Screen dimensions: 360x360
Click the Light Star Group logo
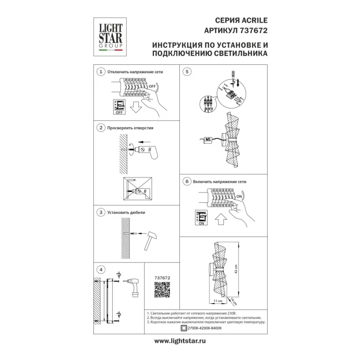110,37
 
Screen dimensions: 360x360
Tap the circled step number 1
101,72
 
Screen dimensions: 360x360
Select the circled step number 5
187,72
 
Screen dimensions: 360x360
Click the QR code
162,290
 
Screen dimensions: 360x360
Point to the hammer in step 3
150,240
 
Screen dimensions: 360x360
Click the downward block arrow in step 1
136,107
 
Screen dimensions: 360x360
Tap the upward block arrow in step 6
221,219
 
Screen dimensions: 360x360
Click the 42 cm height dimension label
236,269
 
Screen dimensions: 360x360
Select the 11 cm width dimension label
218,301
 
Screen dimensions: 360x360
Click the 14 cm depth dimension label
233,301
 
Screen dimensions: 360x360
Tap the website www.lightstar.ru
180,341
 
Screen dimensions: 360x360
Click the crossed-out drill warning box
138,189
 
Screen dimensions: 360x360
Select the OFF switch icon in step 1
119,107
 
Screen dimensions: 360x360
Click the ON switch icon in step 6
201,218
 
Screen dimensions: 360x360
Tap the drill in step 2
146,151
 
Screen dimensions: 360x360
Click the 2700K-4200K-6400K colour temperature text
205,328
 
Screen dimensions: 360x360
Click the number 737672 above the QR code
162,278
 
